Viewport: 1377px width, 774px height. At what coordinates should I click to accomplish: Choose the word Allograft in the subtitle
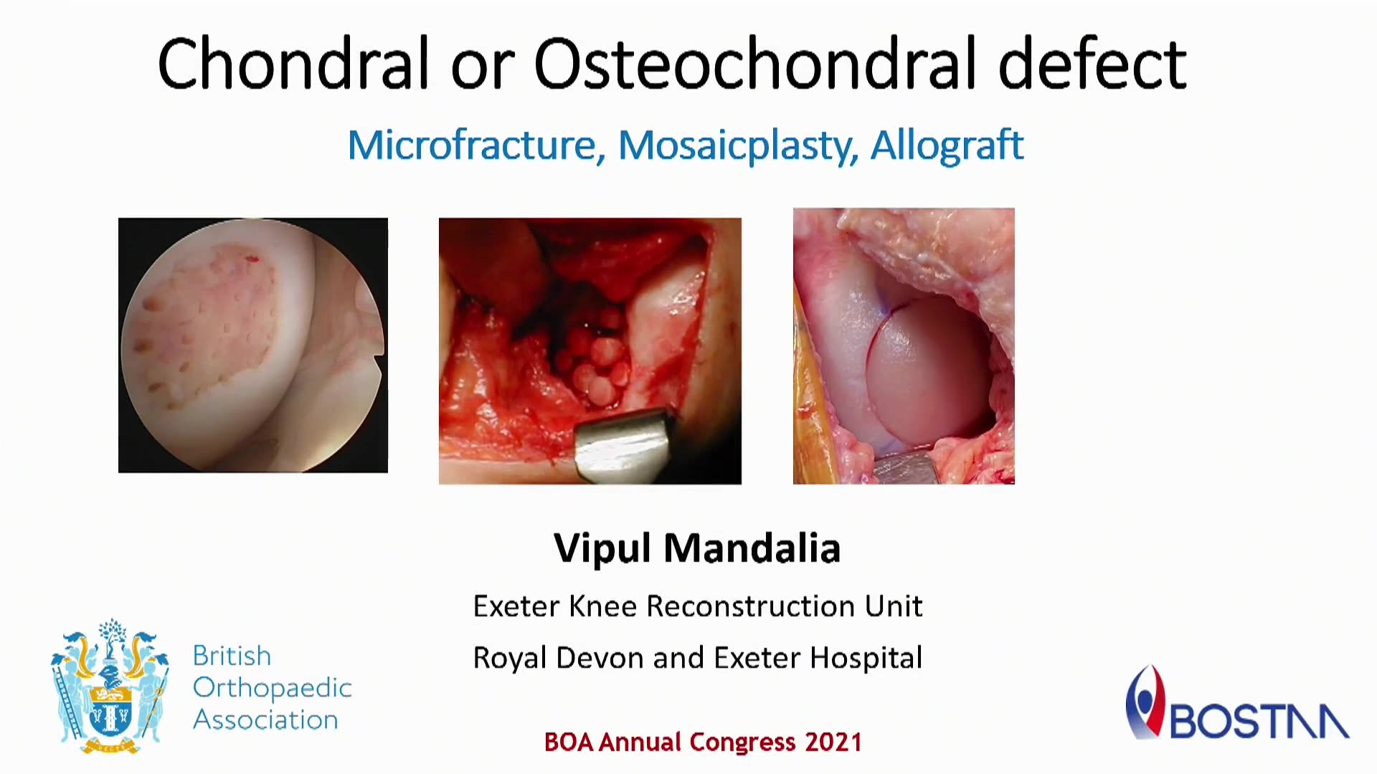coord(947,146)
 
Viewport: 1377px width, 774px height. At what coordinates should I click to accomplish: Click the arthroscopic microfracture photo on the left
coord(253,345)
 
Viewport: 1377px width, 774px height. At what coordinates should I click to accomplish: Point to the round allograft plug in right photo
coord(925,373)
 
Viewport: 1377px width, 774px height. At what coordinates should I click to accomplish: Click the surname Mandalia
coord(752,548)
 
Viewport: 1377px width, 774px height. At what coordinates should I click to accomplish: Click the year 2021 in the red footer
coord(833,742)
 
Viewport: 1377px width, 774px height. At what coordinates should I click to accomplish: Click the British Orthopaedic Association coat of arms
coord(110,687)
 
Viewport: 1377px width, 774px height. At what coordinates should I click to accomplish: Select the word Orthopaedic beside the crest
coord(273,688)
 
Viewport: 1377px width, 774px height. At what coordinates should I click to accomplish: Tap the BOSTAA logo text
coord(1259,720)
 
